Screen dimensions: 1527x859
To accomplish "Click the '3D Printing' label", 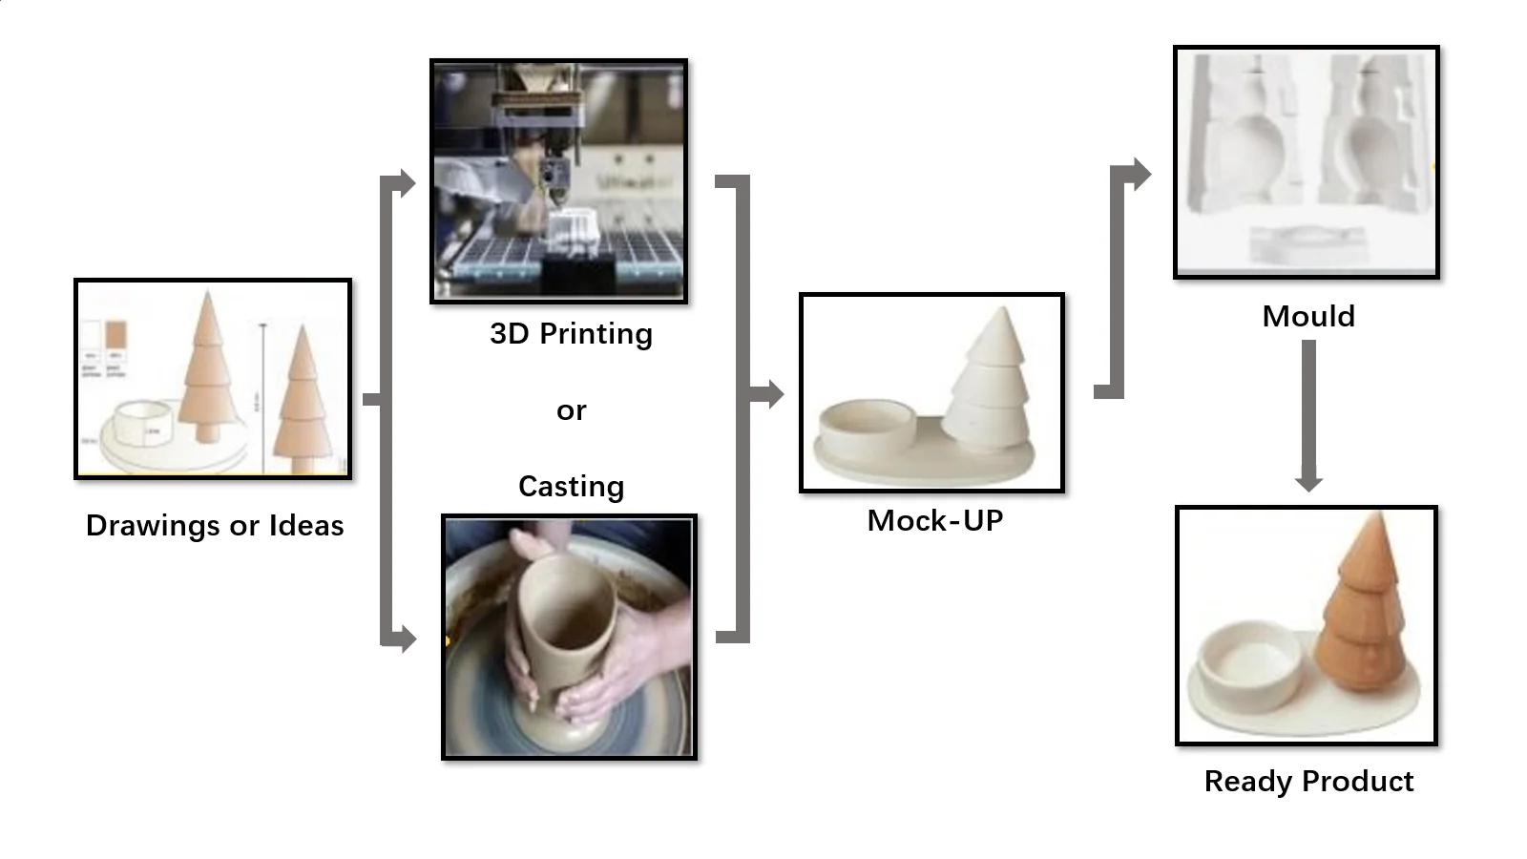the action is point(571,334).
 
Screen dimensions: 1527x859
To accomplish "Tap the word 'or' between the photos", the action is point(571,411).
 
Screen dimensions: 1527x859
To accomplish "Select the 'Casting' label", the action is point(571,487).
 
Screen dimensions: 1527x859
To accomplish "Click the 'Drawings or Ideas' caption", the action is point(215,526).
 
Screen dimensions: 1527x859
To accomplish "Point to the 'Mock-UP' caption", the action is point(934,521).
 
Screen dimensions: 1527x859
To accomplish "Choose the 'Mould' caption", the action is point(1307,317).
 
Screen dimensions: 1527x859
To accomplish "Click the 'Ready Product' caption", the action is point(1308,782).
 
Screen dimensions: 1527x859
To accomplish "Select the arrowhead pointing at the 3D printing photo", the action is point(408,182).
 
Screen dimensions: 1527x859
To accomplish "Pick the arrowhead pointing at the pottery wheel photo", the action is point(408,639).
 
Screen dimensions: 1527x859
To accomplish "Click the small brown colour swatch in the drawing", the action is point(115,336).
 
